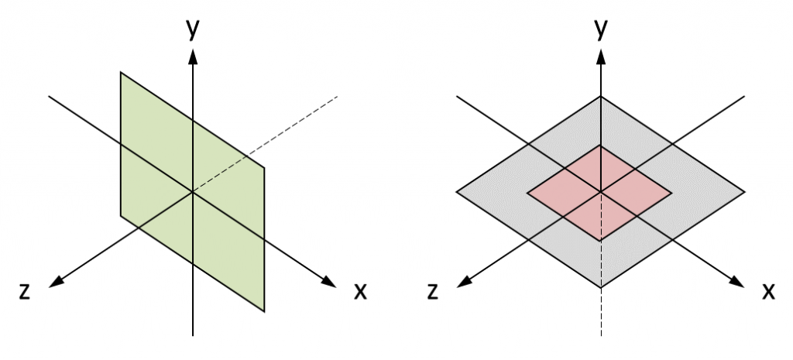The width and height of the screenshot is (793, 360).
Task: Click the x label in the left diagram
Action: [359, 291]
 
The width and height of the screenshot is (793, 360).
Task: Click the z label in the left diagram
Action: [24, 291]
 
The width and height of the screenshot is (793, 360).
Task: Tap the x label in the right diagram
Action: [768, 291]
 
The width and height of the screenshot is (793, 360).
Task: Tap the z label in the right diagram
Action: [432, 291]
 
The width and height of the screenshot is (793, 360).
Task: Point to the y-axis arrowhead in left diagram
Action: [193, 57]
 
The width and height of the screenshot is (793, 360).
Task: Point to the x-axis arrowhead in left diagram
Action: [329, 282]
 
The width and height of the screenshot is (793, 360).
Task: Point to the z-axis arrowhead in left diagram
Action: [56, 282]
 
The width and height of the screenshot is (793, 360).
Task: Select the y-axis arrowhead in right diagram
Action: [601, 57]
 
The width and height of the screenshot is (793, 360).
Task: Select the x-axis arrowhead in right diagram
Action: [737, 282]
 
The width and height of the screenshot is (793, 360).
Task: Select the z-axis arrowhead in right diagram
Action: [465, 282]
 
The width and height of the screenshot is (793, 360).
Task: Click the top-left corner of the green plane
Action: [121, 72]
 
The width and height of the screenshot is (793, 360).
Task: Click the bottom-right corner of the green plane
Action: [264, 311]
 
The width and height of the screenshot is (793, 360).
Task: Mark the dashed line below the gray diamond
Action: [601, 311]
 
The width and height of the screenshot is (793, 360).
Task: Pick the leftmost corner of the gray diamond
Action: [457, 192]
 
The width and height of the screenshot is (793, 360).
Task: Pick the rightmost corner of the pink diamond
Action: [671, 193]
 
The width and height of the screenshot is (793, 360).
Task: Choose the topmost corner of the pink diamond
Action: [601, 145]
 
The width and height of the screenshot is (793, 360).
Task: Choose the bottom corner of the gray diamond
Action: [601, 288]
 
